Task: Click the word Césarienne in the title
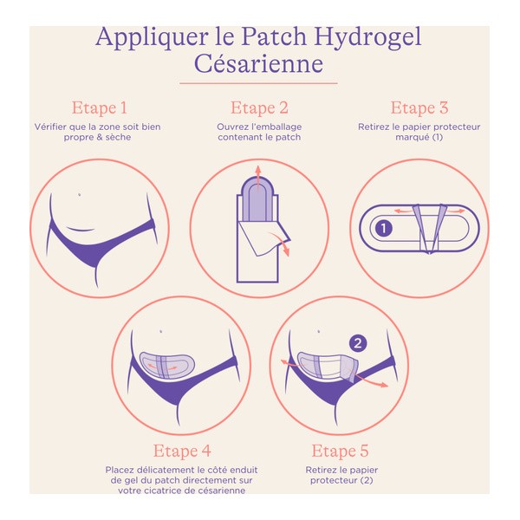click(x=258, y=66)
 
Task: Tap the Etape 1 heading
click(x=99, y=108)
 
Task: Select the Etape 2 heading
click(x=259, y=108)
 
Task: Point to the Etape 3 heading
click(x=419, y=108)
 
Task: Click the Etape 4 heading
click(x=181, y=451)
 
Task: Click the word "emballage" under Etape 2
click(x=279, y=127)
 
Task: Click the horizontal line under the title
click(x=258, y=83)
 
